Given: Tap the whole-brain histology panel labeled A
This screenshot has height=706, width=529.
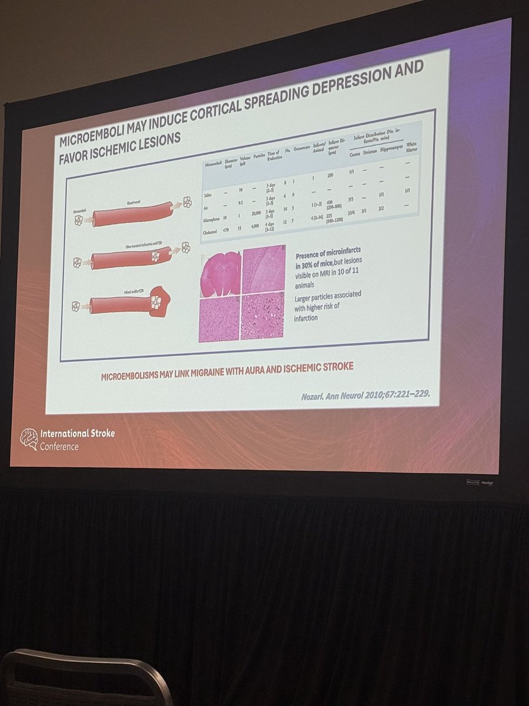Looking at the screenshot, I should (x=220, y=274).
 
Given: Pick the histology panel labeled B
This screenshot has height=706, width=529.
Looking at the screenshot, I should (x=263, y=269).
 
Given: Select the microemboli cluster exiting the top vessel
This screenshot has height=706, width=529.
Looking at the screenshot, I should (x=187, y=202).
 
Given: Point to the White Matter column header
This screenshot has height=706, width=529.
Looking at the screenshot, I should (x=419, y=145).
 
